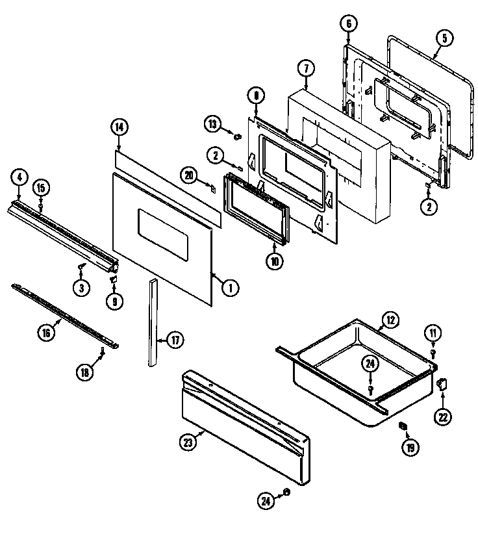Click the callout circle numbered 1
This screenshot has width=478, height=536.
coord(228,288)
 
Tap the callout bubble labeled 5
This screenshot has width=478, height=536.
coord(444,38)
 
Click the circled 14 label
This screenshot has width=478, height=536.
coord(118,127)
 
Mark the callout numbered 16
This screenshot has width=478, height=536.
coord(45,333)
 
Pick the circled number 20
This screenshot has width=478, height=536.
coord(189,175)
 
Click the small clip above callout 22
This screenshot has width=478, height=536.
coord(443,384)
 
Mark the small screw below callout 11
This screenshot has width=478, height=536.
coord(433,351)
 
